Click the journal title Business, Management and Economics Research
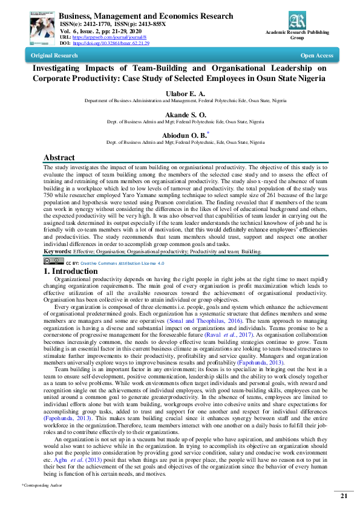pyautogui.click(x=145, y=16)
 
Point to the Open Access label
pyautogui.click(x=316, y=56)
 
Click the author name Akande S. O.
pyautogui.click(x=185, y=114)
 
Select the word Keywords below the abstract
pyautogui.click(x=58, y=250)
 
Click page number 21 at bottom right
pyautogui.click(x=343, y=496)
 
